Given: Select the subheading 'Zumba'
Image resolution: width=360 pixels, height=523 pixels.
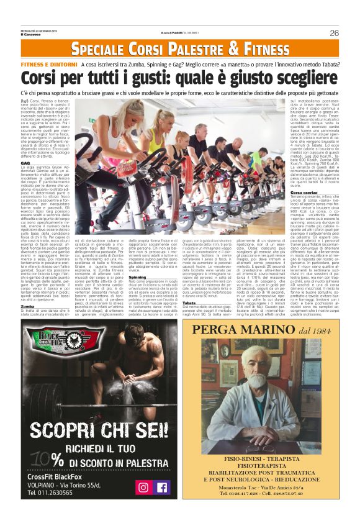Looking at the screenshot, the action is (x=27, y=306).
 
